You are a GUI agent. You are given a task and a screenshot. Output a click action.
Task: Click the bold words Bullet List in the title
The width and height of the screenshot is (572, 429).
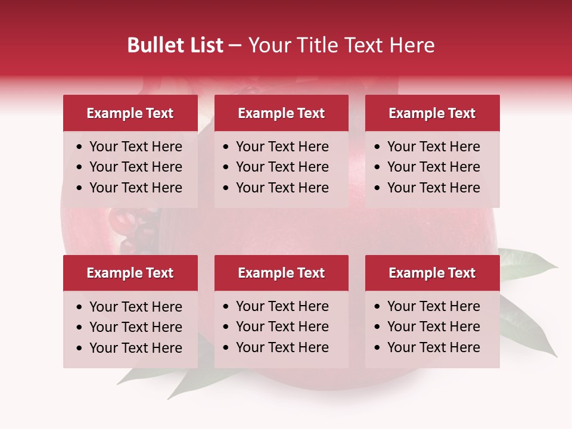[175, 45]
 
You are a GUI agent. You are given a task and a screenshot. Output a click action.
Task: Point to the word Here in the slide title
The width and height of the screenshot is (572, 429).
[412, 45]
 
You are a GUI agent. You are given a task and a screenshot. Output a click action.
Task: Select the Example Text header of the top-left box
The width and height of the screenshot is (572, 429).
[130, 113]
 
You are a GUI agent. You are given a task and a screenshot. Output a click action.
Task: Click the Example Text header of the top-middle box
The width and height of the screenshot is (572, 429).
[281, 113]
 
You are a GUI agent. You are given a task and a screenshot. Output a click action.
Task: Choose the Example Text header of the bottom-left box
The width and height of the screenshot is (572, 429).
[130, 273]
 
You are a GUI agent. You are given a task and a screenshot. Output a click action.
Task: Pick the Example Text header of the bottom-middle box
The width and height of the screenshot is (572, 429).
[281, 273]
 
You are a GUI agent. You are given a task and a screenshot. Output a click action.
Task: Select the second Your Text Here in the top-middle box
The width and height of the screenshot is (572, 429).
[282, 167]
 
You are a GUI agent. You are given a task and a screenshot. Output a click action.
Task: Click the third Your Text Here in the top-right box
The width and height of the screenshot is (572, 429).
[433, 188]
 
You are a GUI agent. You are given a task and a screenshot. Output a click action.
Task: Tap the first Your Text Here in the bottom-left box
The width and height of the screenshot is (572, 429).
[135, 307]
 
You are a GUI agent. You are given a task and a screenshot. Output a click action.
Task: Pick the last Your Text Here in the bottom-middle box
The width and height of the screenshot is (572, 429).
[282, 347]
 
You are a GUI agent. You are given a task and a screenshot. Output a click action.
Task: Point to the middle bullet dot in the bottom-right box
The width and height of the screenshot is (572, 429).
[378, 327]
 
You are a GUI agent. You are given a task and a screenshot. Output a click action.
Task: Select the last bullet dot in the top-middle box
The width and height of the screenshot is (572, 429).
[226, 188]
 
